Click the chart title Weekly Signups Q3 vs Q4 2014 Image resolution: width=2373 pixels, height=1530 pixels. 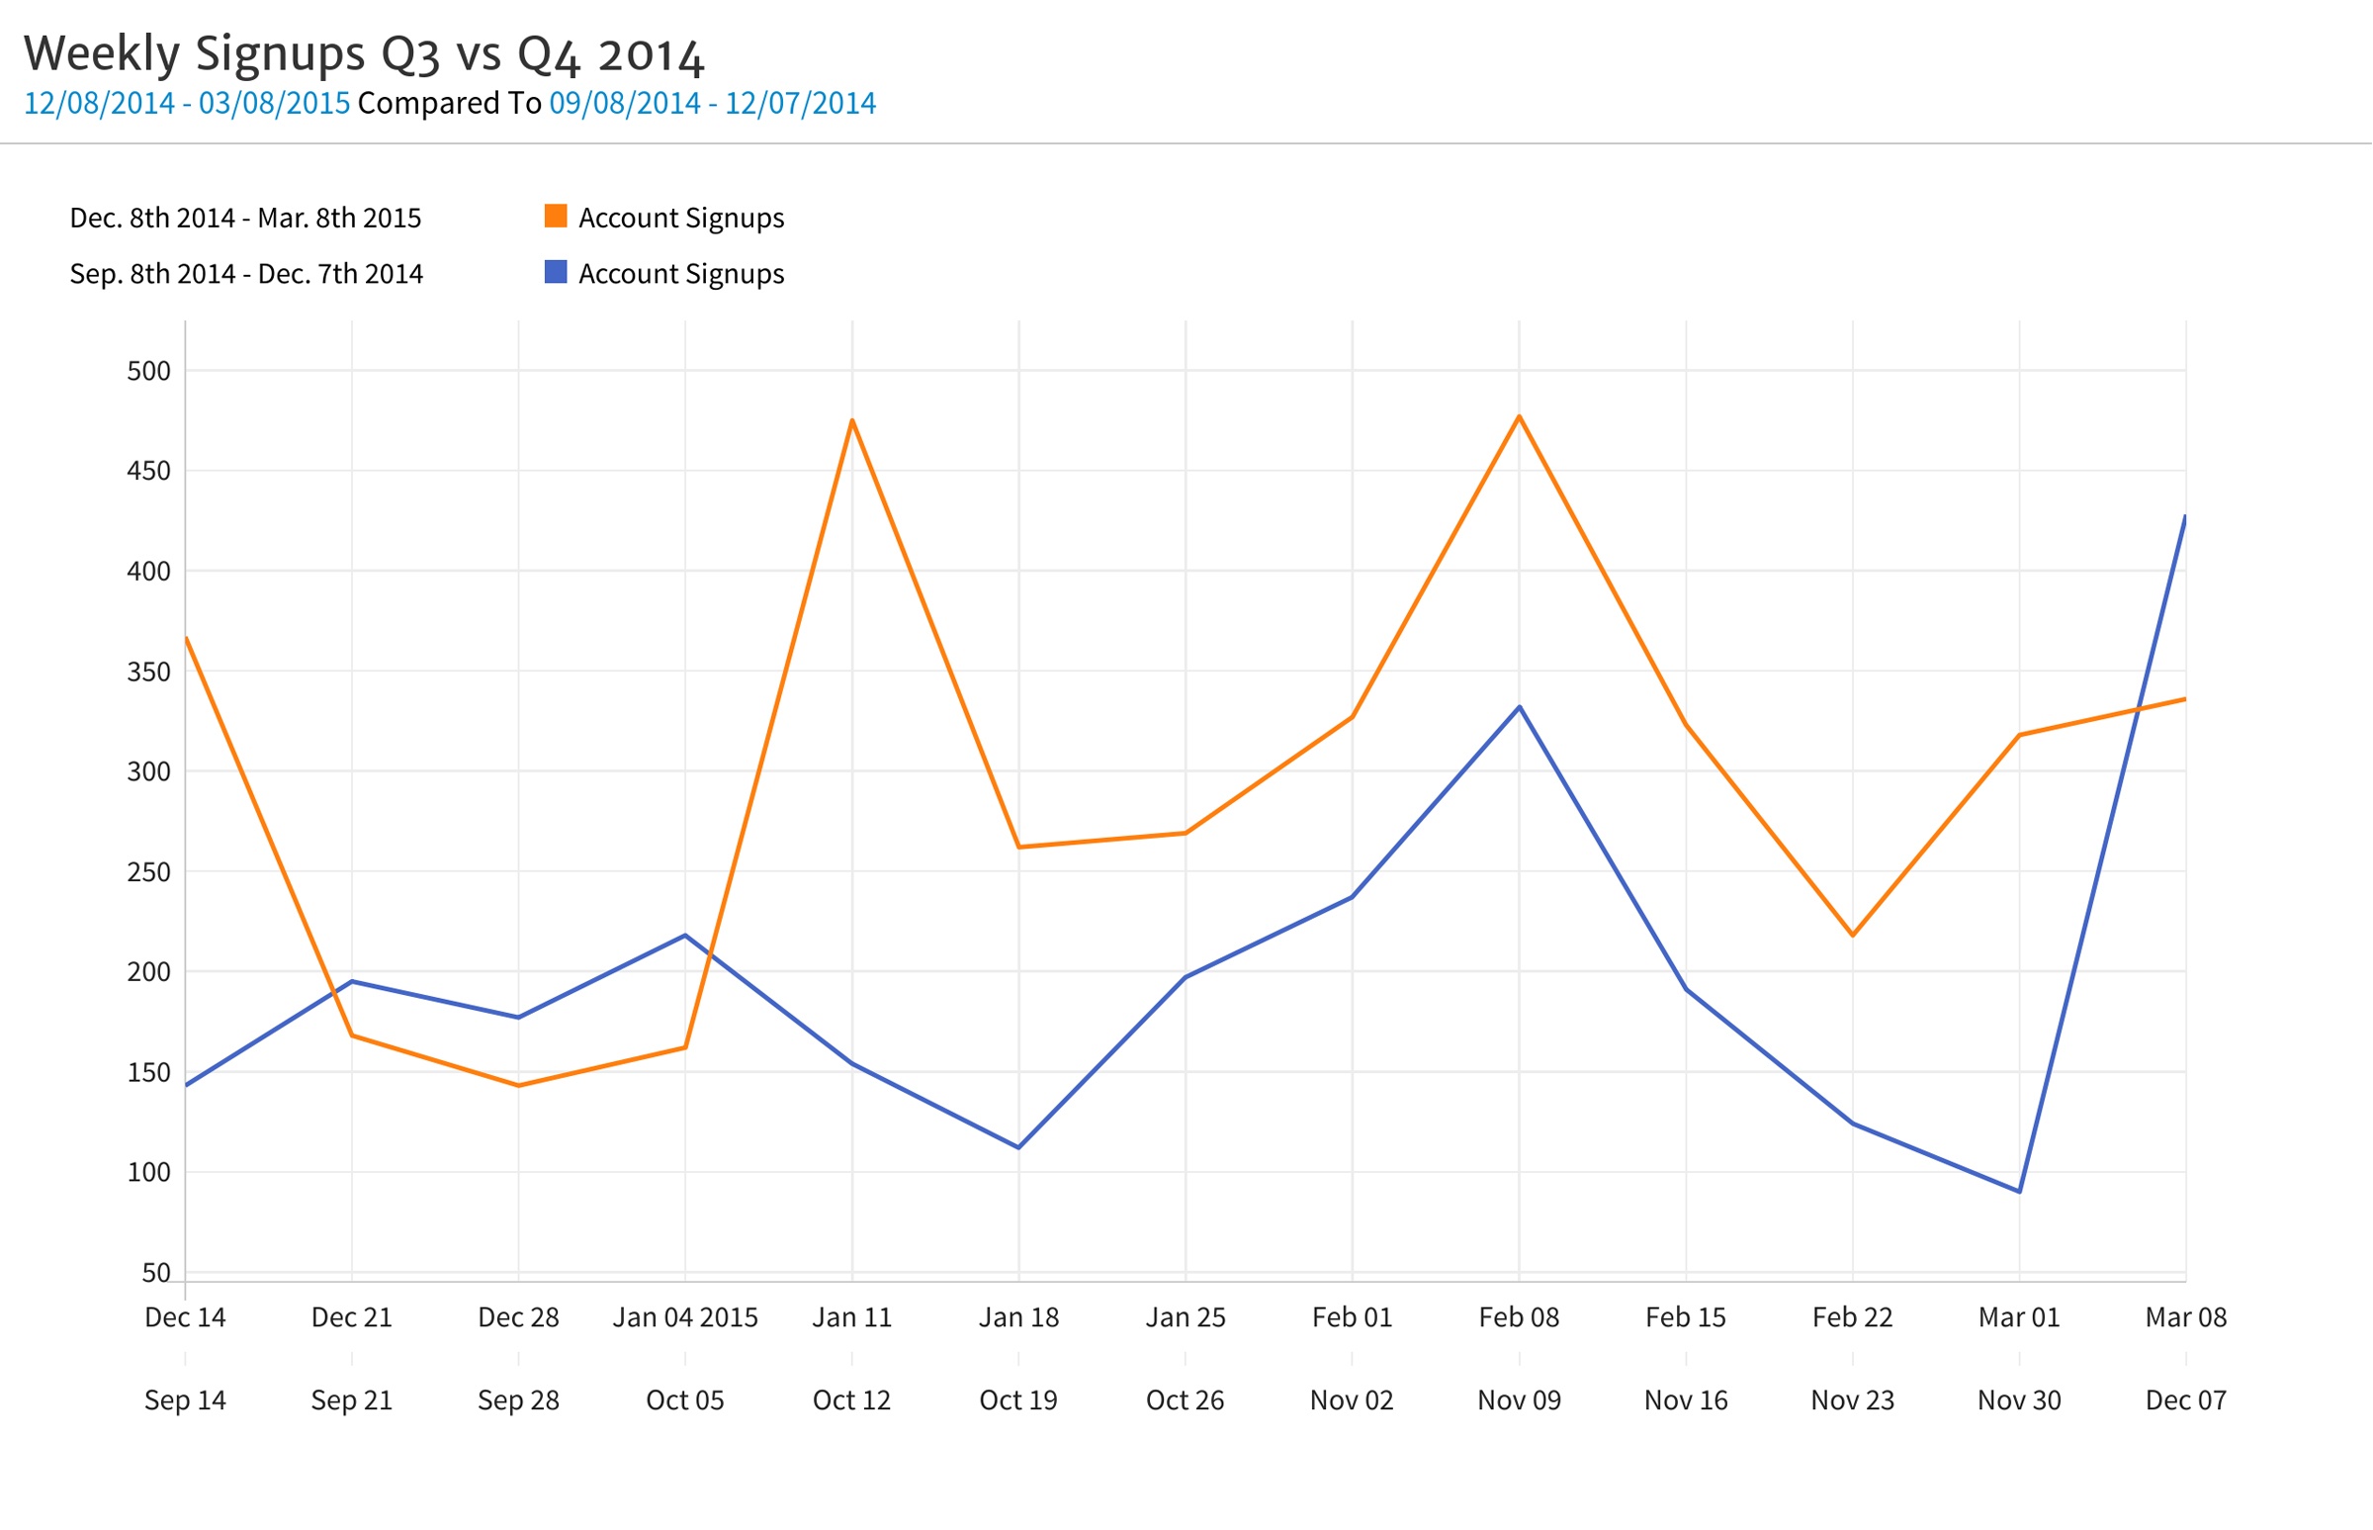(x=364, y=53)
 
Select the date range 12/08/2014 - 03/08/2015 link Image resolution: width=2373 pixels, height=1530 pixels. (x=187, y=103)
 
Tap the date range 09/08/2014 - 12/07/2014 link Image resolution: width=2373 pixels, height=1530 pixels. (x=712, y=103)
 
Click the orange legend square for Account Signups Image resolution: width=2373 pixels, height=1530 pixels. (x=557, y=216)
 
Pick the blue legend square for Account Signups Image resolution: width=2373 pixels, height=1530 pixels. (x=557, y=272)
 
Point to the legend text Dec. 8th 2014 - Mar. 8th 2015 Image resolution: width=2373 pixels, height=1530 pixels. (x=245, y=218)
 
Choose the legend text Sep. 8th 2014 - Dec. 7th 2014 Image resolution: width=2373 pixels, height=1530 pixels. (x=246, y=274)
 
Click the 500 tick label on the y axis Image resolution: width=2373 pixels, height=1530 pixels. (x=149, y=372)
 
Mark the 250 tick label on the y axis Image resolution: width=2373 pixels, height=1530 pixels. (x=149, y=872)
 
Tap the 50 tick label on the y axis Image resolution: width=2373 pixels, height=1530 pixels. (x=156, y=1273)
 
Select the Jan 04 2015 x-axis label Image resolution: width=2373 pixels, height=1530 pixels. (x=685, y=1317)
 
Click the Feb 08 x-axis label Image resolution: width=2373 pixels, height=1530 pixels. (x=1519, y=1317)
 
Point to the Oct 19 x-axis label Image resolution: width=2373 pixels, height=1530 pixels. (x=1018, y=1400)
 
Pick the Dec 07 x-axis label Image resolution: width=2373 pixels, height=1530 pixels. (x=2185, y=1400)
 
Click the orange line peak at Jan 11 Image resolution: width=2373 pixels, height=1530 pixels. (x=852, y=420)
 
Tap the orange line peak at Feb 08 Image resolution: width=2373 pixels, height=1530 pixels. (x=1519, y=416)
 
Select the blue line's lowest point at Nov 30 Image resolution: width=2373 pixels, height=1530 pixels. (x=2019, y=1191)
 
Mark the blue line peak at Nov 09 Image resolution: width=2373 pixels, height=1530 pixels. (x=1519, y=707)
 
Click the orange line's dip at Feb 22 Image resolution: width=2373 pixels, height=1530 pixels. (x=1853, y=935)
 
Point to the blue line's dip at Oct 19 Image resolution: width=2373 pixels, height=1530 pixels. (x=1018, y=1147)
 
